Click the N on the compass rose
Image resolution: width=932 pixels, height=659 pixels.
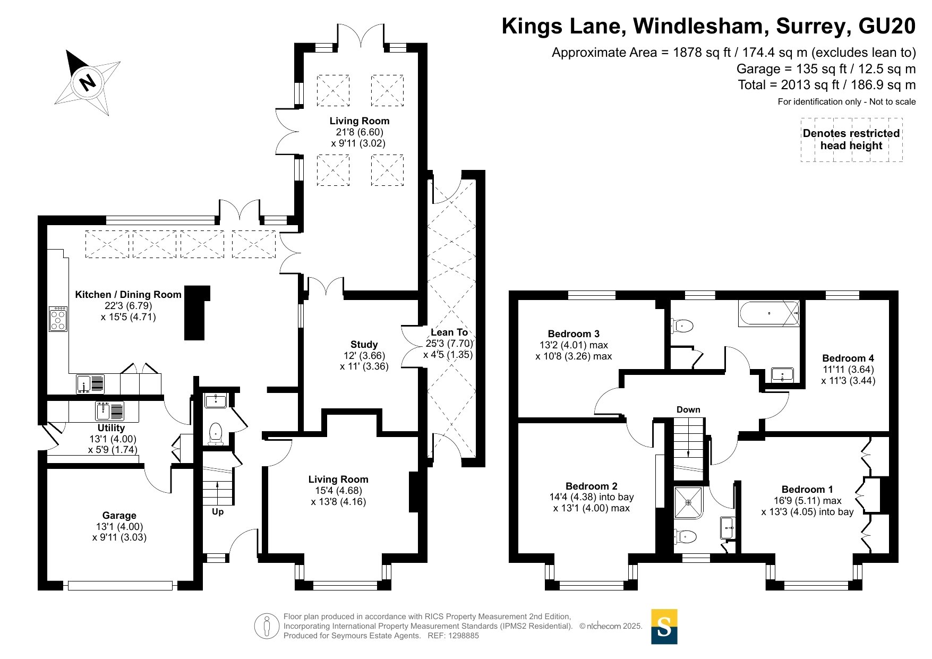[x=87, y=82]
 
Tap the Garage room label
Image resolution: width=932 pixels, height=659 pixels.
[x=119, y=516]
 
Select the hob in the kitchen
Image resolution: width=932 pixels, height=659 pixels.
[x=58, y=319]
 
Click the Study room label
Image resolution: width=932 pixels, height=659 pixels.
[x=364, y=345]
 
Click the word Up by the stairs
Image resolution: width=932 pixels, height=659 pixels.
[x=218, y=512]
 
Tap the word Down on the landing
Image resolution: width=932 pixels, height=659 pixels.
[x=688, y=409]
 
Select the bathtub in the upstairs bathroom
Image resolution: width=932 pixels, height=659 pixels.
[x=769, y=313]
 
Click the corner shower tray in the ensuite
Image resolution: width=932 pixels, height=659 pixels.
[x=689, y=502]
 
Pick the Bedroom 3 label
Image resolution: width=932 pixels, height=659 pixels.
[x=574, y=334]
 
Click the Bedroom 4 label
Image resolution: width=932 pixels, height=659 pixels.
[x=848, y=358]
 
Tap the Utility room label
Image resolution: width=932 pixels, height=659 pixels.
[x=111, y=428]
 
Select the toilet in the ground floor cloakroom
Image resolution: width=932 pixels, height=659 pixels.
[x=216, y=433]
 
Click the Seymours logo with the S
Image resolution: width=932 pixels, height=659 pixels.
[x=664, y=627]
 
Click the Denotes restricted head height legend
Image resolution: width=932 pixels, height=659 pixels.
[x=851, y=140]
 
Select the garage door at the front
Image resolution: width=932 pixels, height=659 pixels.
[x=120, y=586]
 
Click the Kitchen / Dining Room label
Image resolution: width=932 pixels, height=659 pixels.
[x=128, y=295]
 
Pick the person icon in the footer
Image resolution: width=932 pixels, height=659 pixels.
[x=267, y=626]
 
